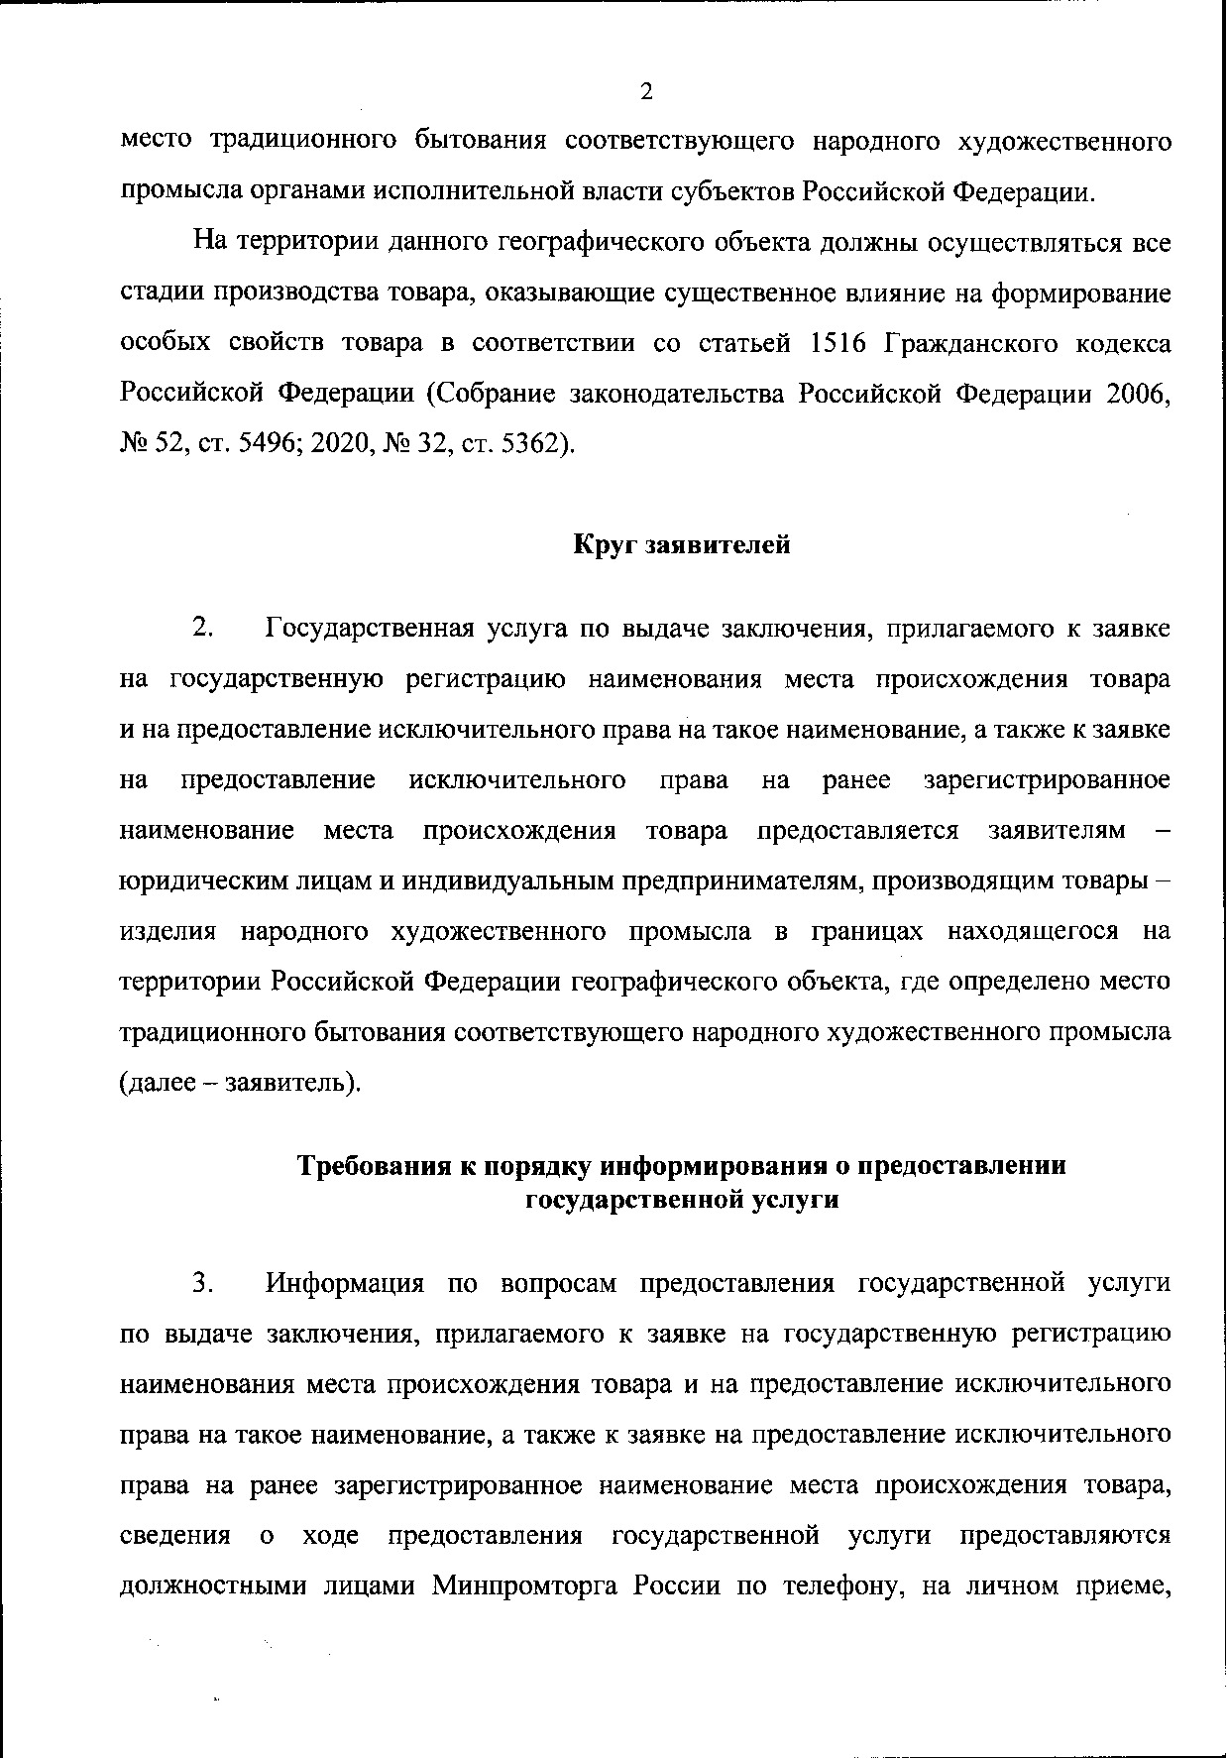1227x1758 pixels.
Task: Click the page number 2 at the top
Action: coord(646,92)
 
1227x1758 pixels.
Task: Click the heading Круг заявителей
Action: coord(682,544)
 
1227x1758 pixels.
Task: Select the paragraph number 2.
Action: coord(202,629)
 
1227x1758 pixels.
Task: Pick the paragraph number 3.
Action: coord(202,1283)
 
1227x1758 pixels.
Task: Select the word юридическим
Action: coord(195,880)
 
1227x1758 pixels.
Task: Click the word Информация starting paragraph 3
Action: coord(345,1283)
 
